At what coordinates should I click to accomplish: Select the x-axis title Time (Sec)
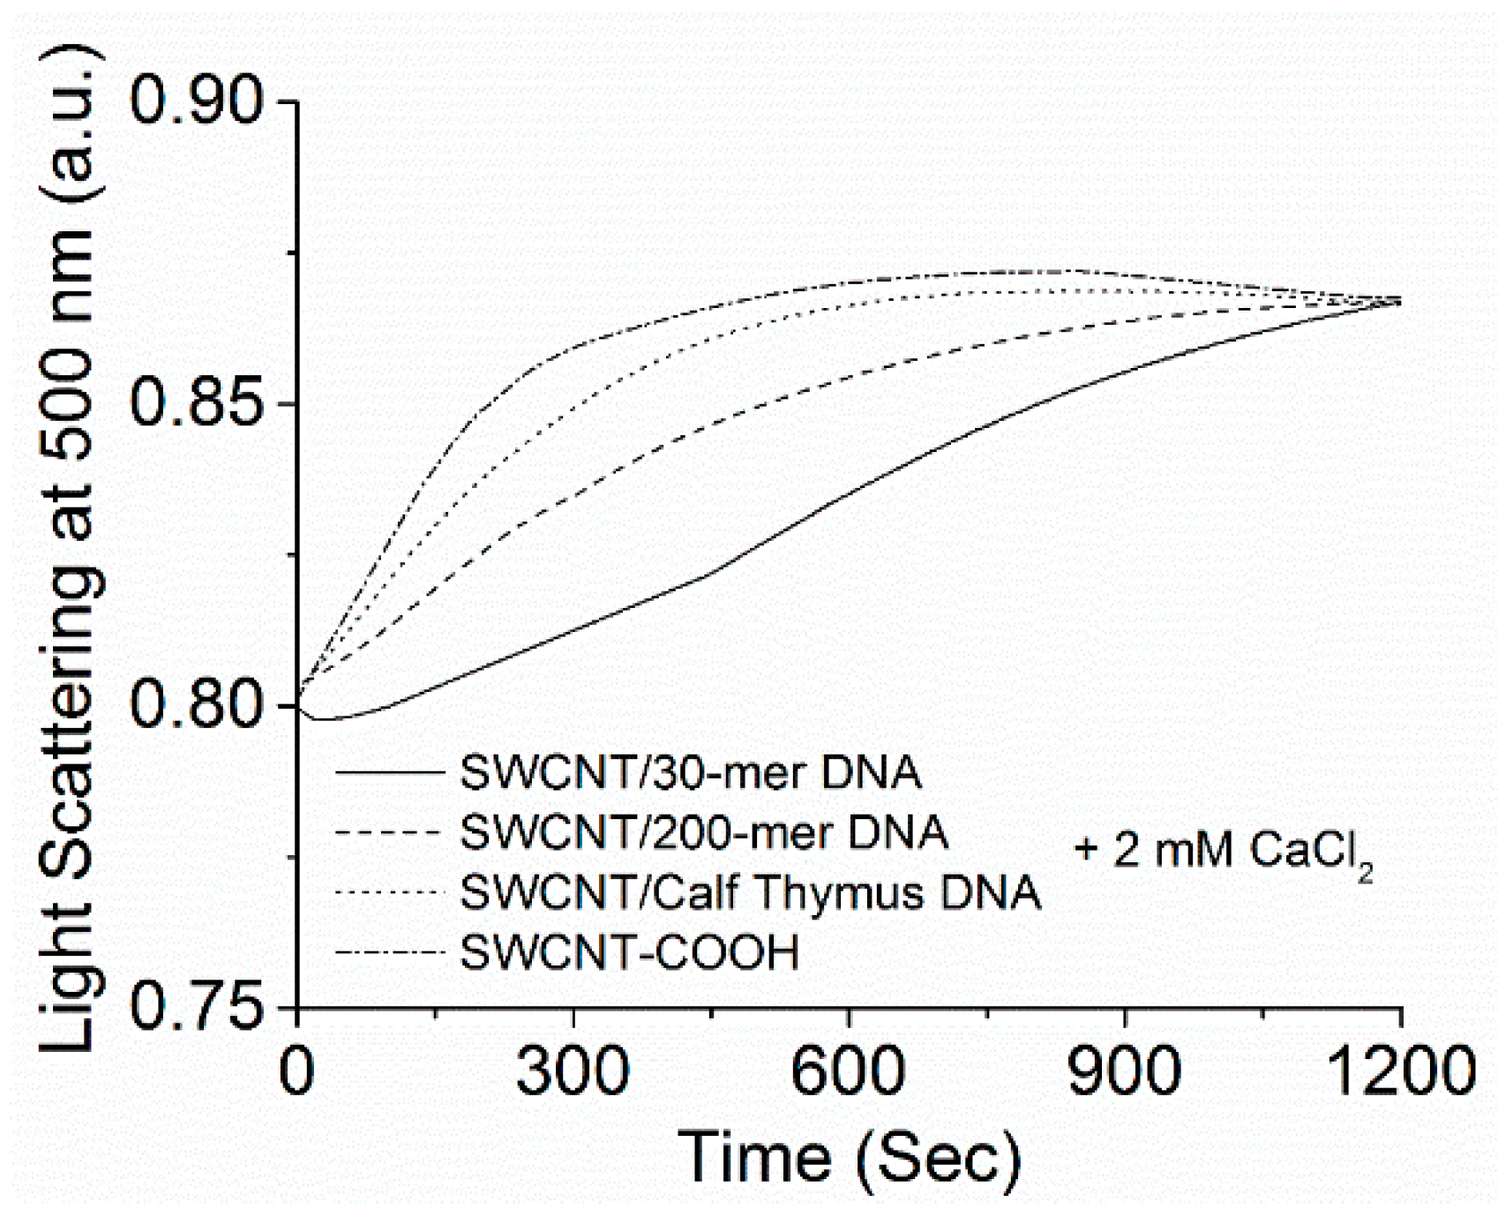[849, 1156]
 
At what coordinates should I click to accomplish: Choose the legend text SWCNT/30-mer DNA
[691, 773]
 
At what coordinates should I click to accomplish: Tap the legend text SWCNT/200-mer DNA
[704, 832]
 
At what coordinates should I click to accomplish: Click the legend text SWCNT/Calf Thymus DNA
[751, 892]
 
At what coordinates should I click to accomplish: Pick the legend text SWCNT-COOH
[630, 952]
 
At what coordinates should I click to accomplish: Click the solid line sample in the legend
[389, 773]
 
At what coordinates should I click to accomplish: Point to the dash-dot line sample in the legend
[389, 952]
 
